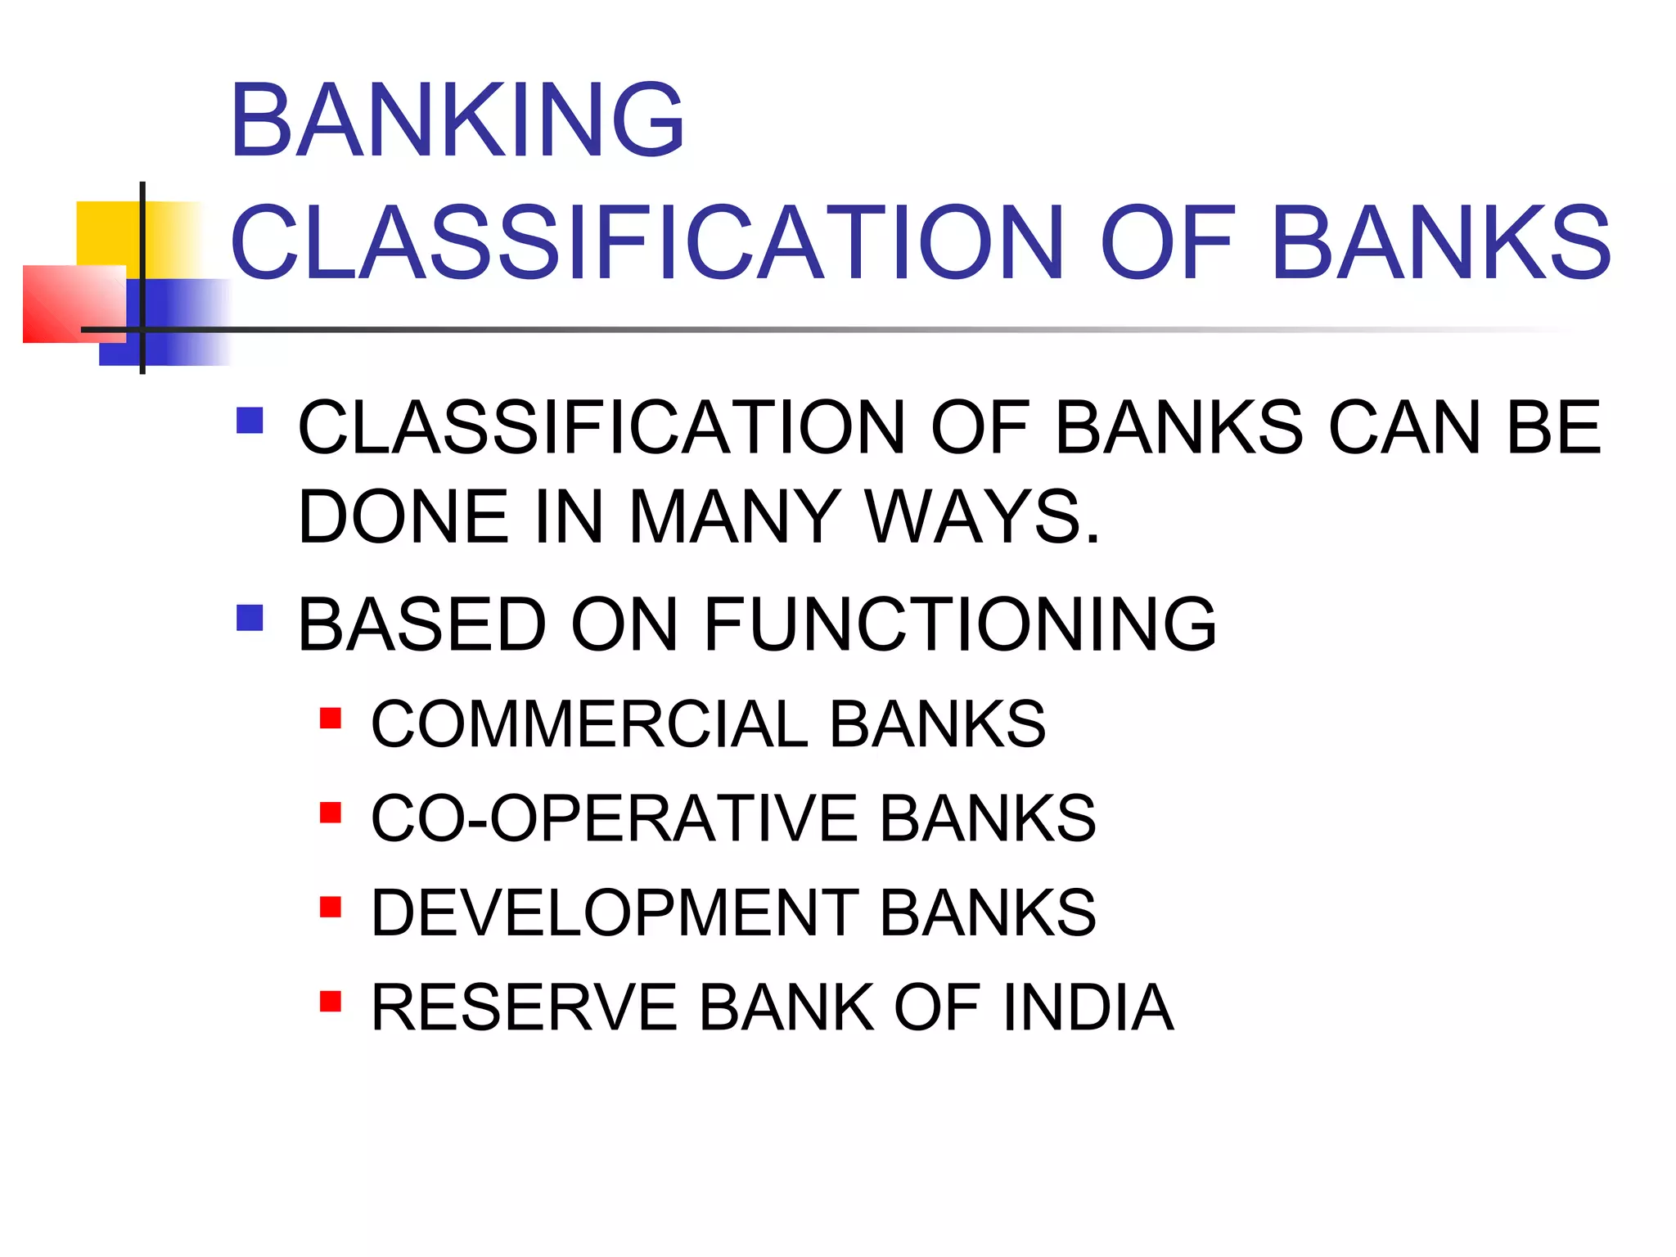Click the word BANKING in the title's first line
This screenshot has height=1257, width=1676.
click(x=457, y=120)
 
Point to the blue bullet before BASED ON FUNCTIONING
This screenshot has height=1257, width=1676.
click(x=250, y=618)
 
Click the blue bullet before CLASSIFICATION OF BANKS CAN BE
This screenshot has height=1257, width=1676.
click(x=250, y=421)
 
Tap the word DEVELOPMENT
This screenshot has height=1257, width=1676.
click(x=615, y=912)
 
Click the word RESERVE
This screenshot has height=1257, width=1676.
click(x=524, y=1007)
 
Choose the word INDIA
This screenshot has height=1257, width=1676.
click(x=1088, y=1007)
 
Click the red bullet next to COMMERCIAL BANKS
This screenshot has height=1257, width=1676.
click(x=331, y=719)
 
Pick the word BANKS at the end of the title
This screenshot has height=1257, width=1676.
click(x=1440, y=243)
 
